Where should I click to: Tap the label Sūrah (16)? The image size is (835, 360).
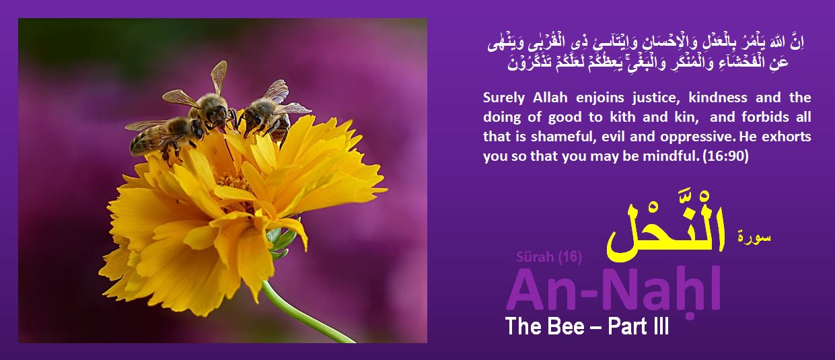point(548,256)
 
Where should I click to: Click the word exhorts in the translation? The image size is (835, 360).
point(788,137)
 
